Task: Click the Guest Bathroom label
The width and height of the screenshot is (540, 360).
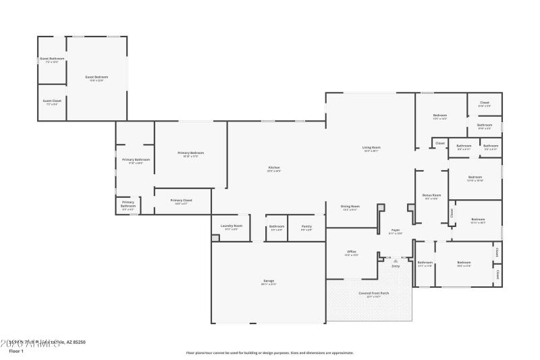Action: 51,59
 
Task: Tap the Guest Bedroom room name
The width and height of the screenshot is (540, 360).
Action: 97,77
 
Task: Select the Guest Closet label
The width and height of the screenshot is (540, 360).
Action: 52,101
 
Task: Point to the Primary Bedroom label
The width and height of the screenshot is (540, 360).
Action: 190,153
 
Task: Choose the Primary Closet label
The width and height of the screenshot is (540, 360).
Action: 181,200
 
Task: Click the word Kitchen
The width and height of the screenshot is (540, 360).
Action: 273,168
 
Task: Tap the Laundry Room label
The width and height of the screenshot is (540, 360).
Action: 232,226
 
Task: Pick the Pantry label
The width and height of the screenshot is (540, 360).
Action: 306,226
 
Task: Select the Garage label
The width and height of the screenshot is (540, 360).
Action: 269,280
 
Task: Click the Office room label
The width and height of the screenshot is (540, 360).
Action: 351,252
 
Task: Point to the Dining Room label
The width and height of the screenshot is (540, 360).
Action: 350,206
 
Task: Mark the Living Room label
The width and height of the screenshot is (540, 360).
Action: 371,147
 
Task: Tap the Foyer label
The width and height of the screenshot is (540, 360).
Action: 396,230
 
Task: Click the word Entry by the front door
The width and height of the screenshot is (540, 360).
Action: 396,266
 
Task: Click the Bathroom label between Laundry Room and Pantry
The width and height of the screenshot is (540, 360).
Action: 277,226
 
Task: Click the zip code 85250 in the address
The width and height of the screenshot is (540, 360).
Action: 79,342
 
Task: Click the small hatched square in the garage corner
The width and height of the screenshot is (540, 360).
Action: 215,238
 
